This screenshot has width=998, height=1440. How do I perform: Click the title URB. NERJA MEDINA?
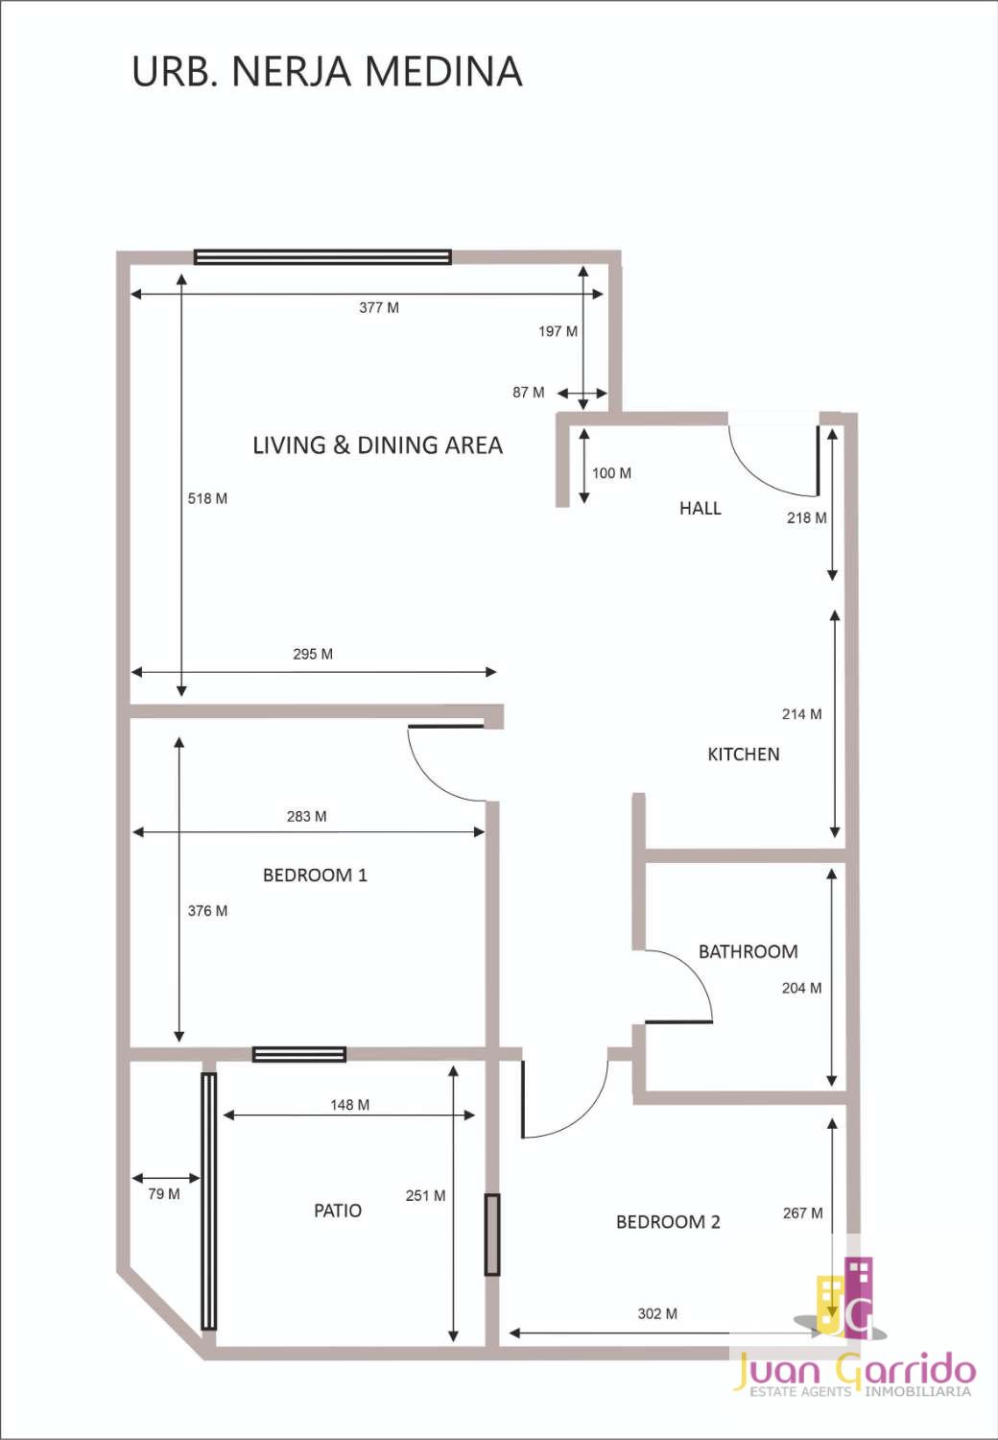pyautogui.click(x=327, y=71)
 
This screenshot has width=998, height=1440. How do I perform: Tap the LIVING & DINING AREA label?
pyautogui.click(x=377, y=444)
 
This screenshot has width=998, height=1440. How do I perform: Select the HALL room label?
pyautogui.click(x=700, y=509)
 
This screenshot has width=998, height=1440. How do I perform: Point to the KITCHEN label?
pyautogui.click(x=744, y=754)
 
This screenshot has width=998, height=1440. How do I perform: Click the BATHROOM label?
pyautogui.click(x=748, y=951)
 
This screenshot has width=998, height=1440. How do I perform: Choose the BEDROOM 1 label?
pyautogui.click(x=315, y=875)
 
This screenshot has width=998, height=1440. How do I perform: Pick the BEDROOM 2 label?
pyautogui.click(x=668, y=1222)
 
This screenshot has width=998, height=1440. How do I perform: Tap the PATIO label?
pyautogui.click(x=338, y=1211)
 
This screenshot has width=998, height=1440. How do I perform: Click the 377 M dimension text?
pyautogui.click(x=378, y=308)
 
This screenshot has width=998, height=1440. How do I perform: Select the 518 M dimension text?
pyautogui.click(x=207, y=498)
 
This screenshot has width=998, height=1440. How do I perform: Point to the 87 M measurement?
pyautogui.click(x=528, y=392)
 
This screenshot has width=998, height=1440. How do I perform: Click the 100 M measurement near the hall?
pyautogui.click(x=611, y=473)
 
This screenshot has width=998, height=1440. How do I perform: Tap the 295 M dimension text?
pyautogui.click(x=312, y=654)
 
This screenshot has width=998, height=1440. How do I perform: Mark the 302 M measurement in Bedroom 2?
pyautogui.click(x=656, y=1313)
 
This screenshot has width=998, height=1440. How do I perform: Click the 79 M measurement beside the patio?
pyautogui.click(x=164, y=1194)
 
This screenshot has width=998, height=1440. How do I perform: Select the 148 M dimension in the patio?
pyautogui.click(x=349, y=1104)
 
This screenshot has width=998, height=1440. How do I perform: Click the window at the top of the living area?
pyautogui.click(x=322, y=257)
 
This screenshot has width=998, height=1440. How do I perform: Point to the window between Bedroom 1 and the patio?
pyautogui.click(x=298, y=1054)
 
